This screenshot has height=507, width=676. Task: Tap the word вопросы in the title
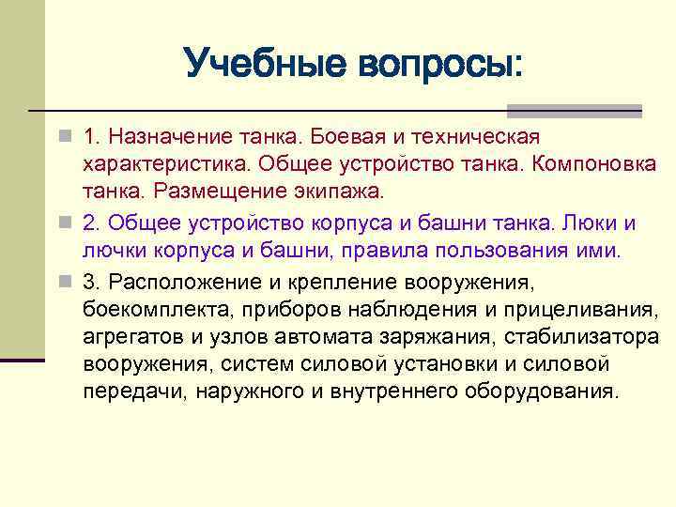coord(438,65)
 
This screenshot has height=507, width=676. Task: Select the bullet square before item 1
coord(63,138)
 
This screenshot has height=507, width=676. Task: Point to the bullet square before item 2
coord(63,223)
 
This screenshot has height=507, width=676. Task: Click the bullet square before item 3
coord(63,281)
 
